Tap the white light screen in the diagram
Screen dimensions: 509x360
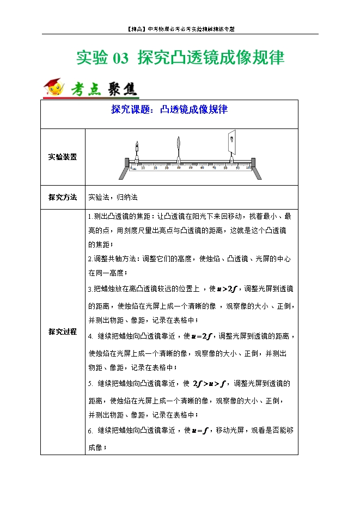233,141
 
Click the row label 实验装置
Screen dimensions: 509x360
62,157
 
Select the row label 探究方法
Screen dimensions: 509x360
62,197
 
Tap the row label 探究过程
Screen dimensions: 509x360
62,332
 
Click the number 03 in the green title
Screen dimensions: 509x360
120,58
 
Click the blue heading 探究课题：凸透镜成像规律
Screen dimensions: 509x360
169,110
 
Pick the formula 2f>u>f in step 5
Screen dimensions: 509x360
210,383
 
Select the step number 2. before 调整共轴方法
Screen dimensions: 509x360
90,259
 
